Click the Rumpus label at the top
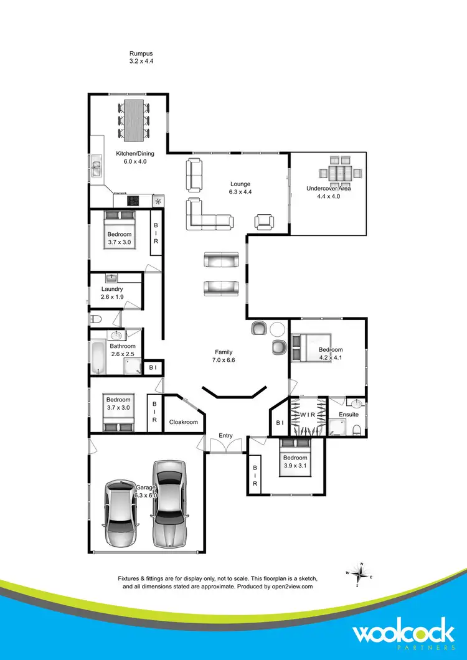(140, 54)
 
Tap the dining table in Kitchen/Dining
(134, 120)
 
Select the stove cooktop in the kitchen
(133, 200)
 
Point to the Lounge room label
(240, 184)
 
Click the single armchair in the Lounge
(264, 221)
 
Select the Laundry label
(112, 290)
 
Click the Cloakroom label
(183, 422)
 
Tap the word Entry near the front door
(225, 435)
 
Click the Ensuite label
(349, 415)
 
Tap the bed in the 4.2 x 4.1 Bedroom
(305, 346)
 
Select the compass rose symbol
(362, 575)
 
